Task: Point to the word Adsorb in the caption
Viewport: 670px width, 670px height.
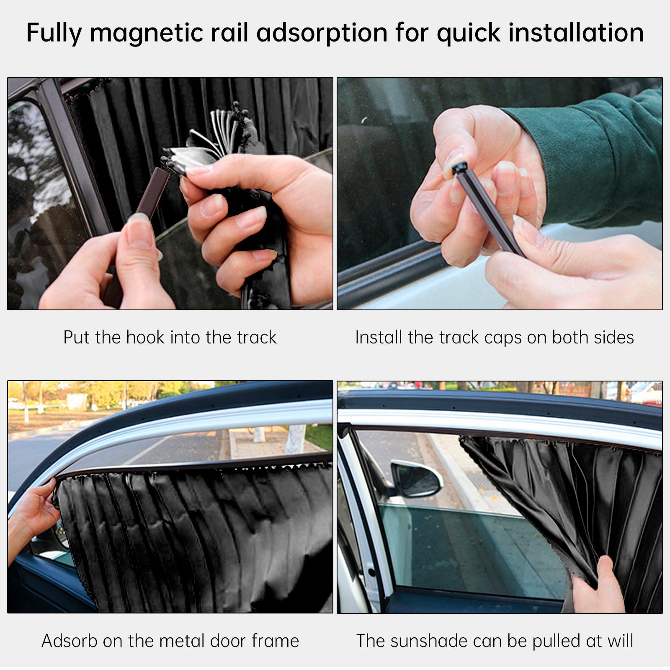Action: pos(69,641)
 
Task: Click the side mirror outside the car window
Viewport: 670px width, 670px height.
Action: pos(416,478)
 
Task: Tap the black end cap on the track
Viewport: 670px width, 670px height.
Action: pos(459,168)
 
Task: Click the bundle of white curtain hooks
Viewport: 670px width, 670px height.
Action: pos(222,130)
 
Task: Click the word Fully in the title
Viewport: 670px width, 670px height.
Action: pos(54,33)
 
